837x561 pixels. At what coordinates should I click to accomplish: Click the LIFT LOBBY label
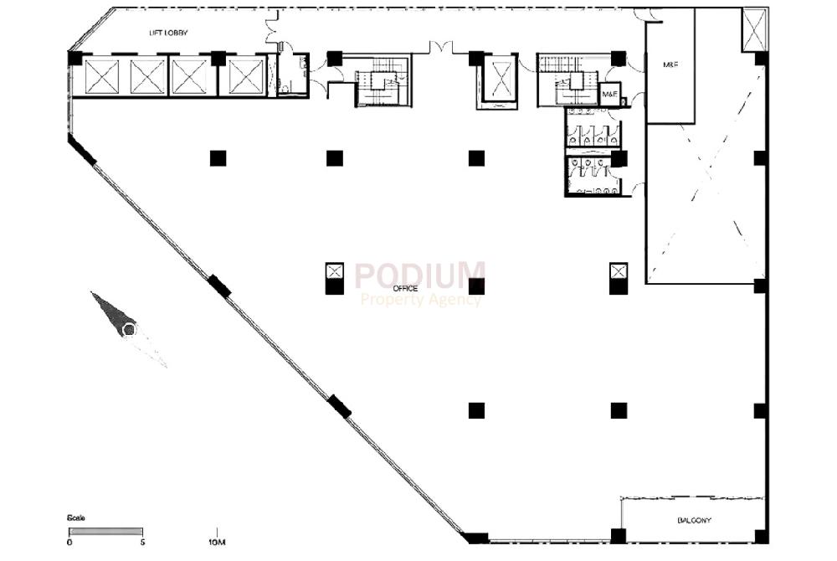[168, 33]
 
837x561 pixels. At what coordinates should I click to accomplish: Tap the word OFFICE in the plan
[406, 288]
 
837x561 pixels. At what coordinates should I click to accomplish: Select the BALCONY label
[694, 520]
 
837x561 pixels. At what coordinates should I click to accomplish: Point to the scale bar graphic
[105, 531]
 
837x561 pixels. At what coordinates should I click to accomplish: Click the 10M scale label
[217, 543]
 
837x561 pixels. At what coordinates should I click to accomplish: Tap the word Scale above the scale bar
[76, 518]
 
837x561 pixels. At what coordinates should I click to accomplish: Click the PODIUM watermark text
[419, 276]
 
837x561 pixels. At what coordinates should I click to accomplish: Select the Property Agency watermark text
[420, 300]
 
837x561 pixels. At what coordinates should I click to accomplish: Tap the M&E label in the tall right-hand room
[670, 64]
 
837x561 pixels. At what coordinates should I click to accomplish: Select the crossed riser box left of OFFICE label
[335, 270]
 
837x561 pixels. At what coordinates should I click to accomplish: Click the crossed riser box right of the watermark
[619, 270]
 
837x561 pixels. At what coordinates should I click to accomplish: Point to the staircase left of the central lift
[381, 81]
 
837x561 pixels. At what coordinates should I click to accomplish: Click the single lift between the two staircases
[501, 80]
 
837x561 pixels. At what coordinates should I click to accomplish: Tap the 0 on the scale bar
[69, 543]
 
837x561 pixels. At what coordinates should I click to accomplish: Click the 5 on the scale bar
[143, 543]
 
